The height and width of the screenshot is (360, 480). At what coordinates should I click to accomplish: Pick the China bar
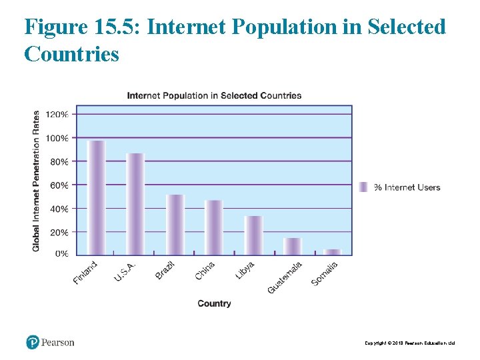tap(213, 227)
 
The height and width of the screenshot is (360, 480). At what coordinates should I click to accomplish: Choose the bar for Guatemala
tap(293, 246)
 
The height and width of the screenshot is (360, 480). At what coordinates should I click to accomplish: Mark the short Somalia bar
tap(332, 251)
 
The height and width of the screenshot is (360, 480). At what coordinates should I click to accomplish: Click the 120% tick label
tap(57, 114)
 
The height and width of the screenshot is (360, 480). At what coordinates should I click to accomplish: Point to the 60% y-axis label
tap(59, 185)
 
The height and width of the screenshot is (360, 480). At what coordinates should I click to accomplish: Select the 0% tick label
tap(61, 253)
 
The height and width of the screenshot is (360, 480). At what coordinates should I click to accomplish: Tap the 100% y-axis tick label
tap(57, 138)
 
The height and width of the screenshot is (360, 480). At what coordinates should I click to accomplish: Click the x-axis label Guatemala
tap(285, 277)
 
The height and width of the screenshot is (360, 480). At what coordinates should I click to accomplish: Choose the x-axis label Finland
tap(85, 273)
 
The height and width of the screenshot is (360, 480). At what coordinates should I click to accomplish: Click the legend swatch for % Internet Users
tap(363, 187)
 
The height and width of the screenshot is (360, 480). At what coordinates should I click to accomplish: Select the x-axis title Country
tap(214, 303)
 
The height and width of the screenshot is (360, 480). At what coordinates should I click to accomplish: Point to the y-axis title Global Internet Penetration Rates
tap(36, 181)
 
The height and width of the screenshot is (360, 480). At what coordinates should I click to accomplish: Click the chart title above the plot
tap(214, 95)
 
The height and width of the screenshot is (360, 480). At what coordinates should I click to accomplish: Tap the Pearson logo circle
tap(33, 342)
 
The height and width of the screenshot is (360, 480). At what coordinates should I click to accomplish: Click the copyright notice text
tap(409, 343)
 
